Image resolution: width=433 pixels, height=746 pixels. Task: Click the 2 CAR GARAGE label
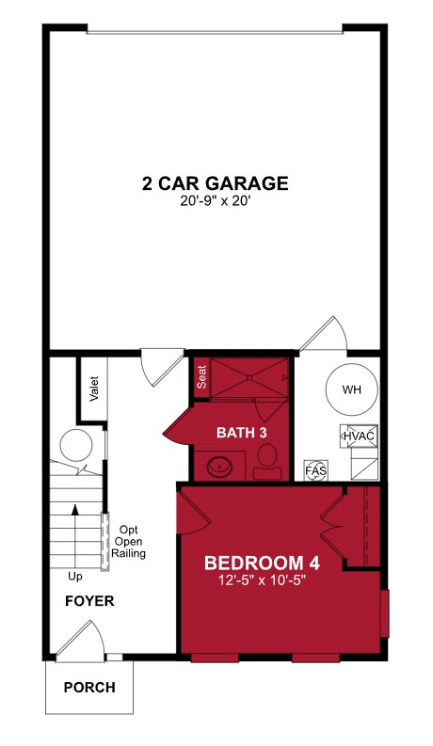(215, 183)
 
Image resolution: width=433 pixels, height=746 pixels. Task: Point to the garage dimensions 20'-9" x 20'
(215, 201)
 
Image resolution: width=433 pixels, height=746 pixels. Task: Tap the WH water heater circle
(350, 389)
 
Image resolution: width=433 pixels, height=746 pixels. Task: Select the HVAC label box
(359, 436)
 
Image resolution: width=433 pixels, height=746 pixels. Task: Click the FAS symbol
(313, 469)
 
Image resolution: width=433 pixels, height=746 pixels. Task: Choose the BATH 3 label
(242, 432)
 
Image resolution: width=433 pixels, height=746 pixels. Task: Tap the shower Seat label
(201, 377)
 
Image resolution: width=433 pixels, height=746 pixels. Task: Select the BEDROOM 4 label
(263, 563)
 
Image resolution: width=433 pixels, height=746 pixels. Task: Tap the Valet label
(94, 389)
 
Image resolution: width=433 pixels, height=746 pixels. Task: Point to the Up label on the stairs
(75, 576)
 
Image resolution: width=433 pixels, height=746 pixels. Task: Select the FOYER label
(89, 601)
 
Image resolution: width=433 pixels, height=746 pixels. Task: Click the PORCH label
(89, 688)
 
